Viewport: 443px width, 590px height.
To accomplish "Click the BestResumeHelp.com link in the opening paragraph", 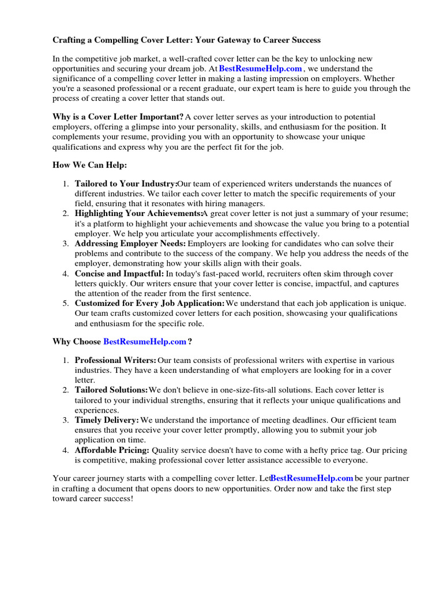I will [260, 69].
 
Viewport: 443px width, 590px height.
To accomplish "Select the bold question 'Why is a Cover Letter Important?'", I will [118, 117].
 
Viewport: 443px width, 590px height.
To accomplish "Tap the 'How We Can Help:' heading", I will [89, 165].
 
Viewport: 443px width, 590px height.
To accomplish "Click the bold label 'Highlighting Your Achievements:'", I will [138, 214].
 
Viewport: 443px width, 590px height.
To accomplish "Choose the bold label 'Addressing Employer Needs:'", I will [130, 244].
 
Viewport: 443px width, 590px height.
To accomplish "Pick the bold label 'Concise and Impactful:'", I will [119, 274].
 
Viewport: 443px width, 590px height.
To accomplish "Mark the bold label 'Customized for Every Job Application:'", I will [150, 303].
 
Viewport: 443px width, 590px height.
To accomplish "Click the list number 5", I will [65, 303].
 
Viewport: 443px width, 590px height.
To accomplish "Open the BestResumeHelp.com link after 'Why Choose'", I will [145, 342].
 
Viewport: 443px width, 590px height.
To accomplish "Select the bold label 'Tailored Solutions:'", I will [111, 390].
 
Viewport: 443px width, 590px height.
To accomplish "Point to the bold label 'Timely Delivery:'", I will [107, 420].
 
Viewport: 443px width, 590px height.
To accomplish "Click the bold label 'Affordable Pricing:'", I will [112, 450].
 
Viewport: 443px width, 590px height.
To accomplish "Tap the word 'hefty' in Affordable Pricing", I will [338, 450].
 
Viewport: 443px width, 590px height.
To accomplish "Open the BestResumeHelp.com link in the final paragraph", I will [311, 478].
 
